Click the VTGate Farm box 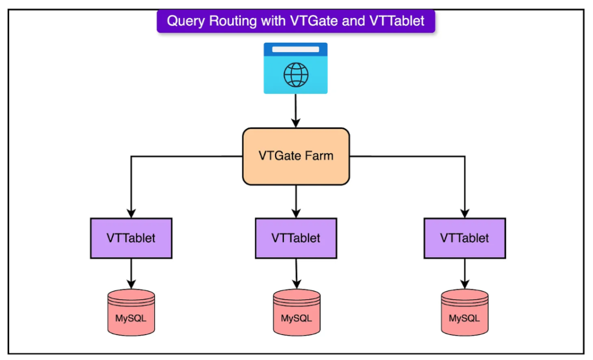click(296, 156)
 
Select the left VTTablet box click(131, 238)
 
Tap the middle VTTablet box click(296, 238)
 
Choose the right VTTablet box click(465, 238)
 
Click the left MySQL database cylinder click(131, 313)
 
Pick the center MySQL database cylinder click(297, 313)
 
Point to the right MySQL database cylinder click(465, 313)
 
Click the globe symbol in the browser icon click(296, 75)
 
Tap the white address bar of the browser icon click(296, 49)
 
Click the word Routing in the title click(233, 21)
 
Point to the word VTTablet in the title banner click(397, 21)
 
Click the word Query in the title click(186, 21)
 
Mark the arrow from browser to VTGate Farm click(296, 111)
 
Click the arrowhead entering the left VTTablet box click(131, 213)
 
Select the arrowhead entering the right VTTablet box click(465, 213)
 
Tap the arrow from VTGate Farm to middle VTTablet click(296, 201)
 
